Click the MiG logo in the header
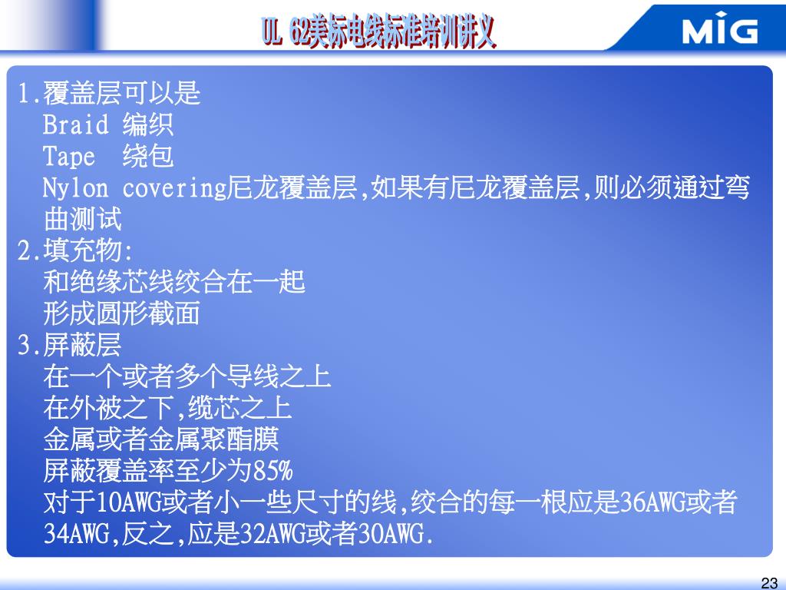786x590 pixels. (720, 31)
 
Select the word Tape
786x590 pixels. (69, 157)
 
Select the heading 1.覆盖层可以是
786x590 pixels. (109, 93)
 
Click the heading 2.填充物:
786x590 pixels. (75, 250)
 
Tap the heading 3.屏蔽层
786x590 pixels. (69, 346)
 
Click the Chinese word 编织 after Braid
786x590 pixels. (148, 124)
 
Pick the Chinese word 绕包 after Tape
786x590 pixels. (148, 157)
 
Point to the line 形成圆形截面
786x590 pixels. (122, 313)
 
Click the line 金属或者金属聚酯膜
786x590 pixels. (161, 439)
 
